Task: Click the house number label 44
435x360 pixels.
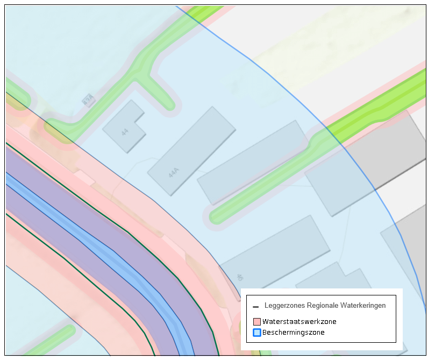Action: (x=125, y=131)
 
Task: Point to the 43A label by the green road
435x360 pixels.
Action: (x=88, y=100)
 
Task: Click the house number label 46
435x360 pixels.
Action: (x=240, y=278)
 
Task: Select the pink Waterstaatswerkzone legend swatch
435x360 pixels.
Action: (x=256, y=322)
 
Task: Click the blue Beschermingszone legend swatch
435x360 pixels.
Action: (x=256, y=333)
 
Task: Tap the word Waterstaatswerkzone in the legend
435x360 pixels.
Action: (x=299, y=322)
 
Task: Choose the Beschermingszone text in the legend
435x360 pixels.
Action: (x=293, y=333)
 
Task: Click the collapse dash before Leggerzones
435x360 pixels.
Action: (x=256, y=306)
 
